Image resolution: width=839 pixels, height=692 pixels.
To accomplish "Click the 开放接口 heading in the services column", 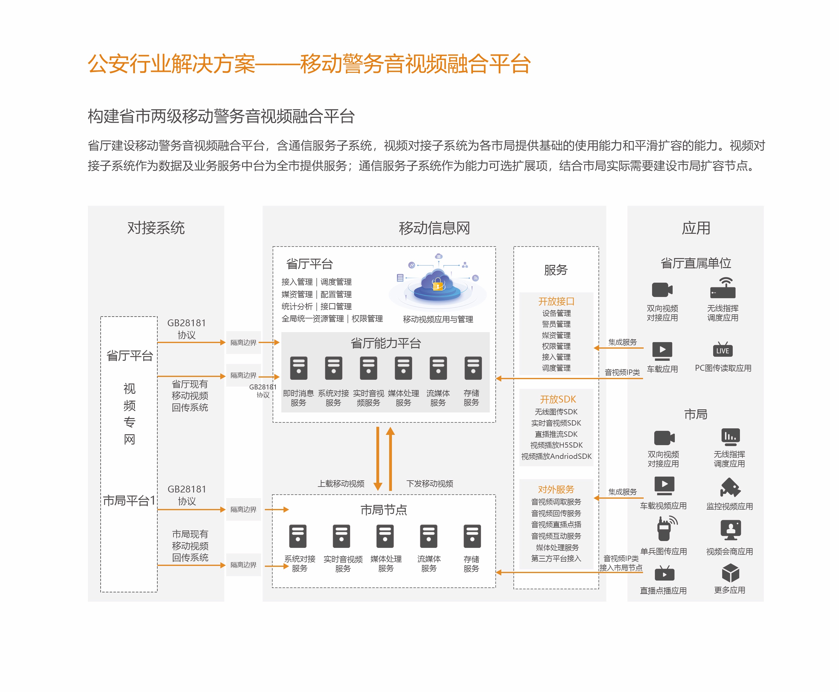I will [x=556, y=301].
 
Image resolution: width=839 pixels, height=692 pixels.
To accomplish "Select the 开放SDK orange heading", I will [x=557, y=399].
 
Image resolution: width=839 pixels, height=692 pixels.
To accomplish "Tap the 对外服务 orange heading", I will [x=556, y=489].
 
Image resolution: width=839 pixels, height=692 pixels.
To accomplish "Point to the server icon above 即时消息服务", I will [x=298, y=368].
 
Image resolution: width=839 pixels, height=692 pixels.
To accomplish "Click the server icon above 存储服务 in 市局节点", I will [x=472, y=536].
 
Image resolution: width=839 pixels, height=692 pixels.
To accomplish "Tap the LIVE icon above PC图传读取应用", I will [x=722, y=350].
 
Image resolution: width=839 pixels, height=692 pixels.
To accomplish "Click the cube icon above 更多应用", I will [x=730, y=573].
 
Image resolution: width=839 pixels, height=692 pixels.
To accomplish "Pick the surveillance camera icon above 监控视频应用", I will [x=730, y=487].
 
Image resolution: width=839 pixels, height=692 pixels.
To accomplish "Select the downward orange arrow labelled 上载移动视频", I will [x=377, y=459].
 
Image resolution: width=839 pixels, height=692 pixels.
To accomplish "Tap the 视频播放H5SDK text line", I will [x=556, y=445].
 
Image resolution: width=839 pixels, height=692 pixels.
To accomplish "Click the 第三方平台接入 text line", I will [x=556, y=558].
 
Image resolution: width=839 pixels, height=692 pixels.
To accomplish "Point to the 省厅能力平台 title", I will [x=385, y=343].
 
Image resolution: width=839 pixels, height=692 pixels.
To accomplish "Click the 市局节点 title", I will [x=384, y=510].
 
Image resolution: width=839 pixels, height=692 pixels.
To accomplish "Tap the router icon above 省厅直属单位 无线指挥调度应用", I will [x=722, y=288].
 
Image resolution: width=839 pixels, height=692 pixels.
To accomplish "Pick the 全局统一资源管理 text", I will [x=312, y=318].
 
